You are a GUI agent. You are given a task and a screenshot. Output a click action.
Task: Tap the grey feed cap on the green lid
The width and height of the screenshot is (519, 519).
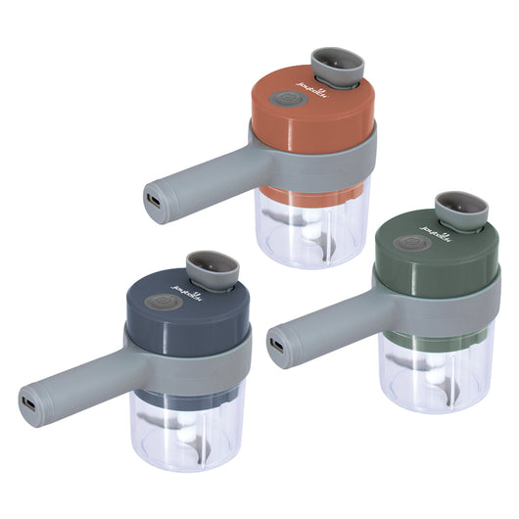pos(461,209)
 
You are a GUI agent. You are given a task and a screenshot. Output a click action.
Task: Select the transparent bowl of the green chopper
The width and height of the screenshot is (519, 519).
pos(436,377)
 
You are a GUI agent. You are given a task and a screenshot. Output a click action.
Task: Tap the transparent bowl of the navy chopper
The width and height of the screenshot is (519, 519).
pos(186,436)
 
